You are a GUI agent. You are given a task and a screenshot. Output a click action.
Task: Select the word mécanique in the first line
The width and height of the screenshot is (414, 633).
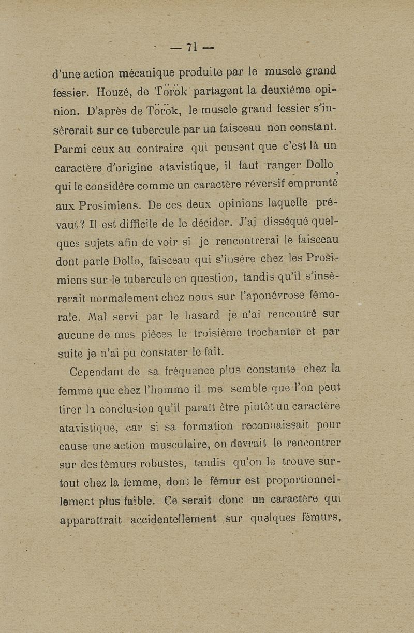[146, 72]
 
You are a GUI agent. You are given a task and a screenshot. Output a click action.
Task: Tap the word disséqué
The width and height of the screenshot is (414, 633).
[289, 223]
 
